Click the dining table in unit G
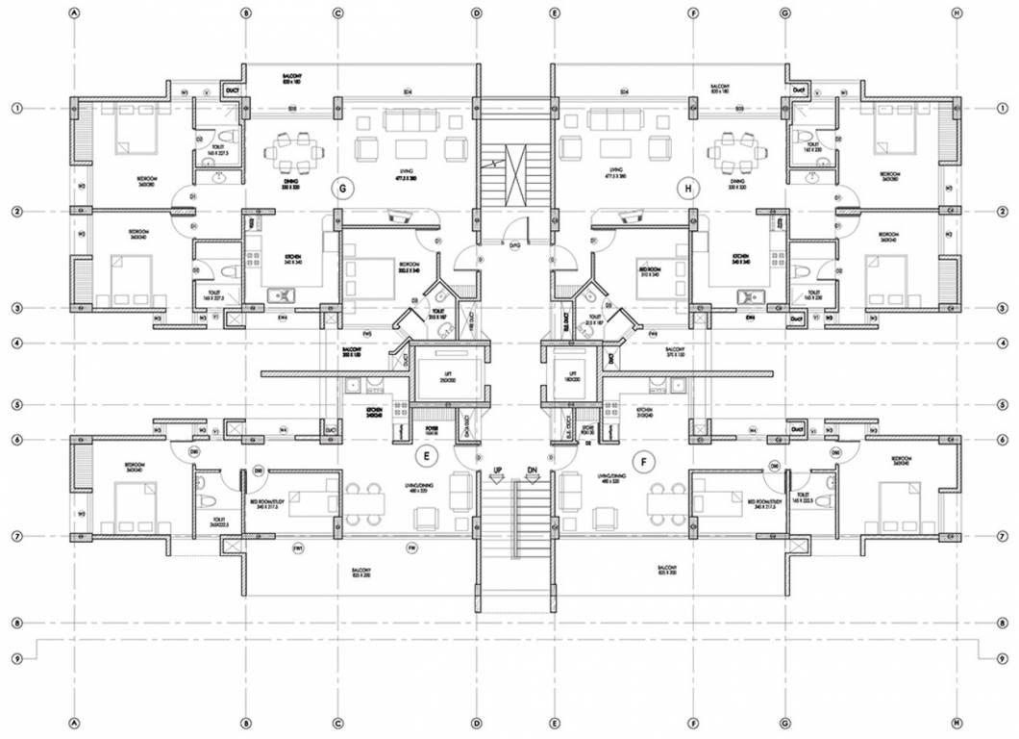[290, 149]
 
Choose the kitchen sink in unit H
[748, 295]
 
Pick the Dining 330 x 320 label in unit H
[736, 185]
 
